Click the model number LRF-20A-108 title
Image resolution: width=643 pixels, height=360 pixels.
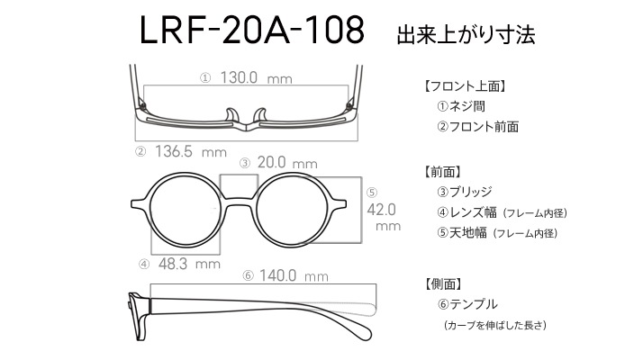coord(252,30)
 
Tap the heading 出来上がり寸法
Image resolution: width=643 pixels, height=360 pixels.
coord(466,34)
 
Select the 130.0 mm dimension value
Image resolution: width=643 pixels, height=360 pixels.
coord(257,77)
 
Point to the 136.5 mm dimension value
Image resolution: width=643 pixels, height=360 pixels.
coord(191,152)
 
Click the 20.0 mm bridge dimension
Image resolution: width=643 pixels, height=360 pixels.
coord(287,163)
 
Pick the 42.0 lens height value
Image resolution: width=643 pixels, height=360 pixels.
coord(381,210)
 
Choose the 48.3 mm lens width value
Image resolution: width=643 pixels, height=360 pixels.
coord(189,264)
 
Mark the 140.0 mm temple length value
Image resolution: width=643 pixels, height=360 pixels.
coord(294,275)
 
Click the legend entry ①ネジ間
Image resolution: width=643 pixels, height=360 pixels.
coord(461,106)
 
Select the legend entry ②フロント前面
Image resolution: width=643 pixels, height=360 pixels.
coord(477,127)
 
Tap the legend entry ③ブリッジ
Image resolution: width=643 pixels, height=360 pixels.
coord(464,192)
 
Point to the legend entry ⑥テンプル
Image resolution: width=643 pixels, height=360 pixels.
coord(467,304)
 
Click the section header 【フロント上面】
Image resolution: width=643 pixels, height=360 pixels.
coord(465,86)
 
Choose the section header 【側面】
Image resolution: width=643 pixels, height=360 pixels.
coord(444,283)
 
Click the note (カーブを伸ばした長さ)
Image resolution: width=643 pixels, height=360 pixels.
coord(495,326)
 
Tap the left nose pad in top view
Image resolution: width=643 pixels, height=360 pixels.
coord(232,115)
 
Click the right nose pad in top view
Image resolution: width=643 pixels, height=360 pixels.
coord(260,115)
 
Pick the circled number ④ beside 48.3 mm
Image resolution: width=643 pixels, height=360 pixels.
coord(144,265)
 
